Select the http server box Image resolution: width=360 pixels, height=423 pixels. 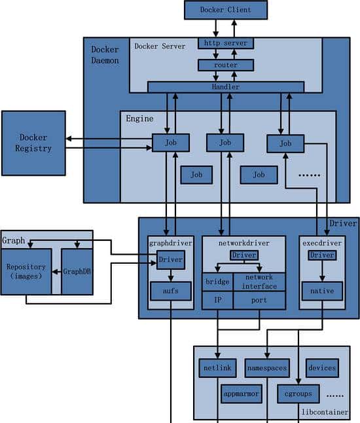coord(225,44)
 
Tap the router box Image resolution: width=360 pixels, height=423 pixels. coord(225,65)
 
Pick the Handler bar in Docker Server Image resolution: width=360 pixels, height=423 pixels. coord(225,87)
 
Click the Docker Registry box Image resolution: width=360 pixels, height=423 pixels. coord(33,143)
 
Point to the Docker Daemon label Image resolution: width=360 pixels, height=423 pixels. coord(105,54)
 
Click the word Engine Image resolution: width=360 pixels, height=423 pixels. coord(139,119)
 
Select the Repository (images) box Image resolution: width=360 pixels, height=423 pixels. coord(27,271)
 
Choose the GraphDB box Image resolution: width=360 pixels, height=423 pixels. coord(77,271)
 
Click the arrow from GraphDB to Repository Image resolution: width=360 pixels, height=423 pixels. coord(56,271)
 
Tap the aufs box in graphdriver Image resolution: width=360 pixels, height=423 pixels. coord(170,290)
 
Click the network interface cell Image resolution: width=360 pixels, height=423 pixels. coord(260,282)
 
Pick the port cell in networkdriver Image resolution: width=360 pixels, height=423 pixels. coord(260,300)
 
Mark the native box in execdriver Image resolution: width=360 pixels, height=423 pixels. coord(322,290)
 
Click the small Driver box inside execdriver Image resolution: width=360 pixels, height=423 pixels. coord(322,255)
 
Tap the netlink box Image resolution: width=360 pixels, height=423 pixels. coord(217,368)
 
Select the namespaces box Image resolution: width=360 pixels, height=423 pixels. coord(266,368)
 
